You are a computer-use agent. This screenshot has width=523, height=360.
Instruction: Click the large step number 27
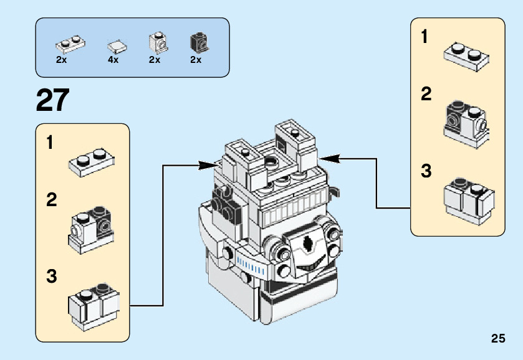pyautogui.click(x=53, y=100)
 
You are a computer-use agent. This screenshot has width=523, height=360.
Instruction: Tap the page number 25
pyautogui.click(x=497, y=339)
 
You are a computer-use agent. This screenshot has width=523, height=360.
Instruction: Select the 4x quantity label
pyautogui.click(x=113, y=60)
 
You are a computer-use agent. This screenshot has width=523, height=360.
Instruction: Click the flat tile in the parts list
pyautogui.click(x=116, y=45)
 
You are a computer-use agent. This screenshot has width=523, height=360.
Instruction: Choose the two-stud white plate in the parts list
pyautogui.click(x=70, y=44)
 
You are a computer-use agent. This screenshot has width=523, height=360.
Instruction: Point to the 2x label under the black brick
pyautogui.click(x=196, y=60)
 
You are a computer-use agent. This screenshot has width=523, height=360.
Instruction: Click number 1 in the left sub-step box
pyautogui.click(x=50, y=143)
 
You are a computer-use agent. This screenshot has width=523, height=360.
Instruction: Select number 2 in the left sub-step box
pyautogui.click(x=51, y=201)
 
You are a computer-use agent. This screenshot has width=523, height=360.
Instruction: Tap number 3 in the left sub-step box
pyautogui.click(x=51, y=277)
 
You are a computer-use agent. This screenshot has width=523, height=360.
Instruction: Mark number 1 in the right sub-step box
pyautogui.click(x=425, y=37)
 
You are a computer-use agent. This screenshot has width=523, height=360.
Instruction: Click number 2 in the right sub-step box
pyautogui.click(x=426, y=95)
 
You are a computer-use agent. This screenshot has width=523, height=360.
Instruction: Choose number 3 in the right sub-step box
pyautogui.click(x=426, y=171)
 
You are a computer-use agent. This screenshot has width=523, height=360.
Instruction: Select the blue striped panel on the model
pyautogui.click(x=251, y=268)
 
